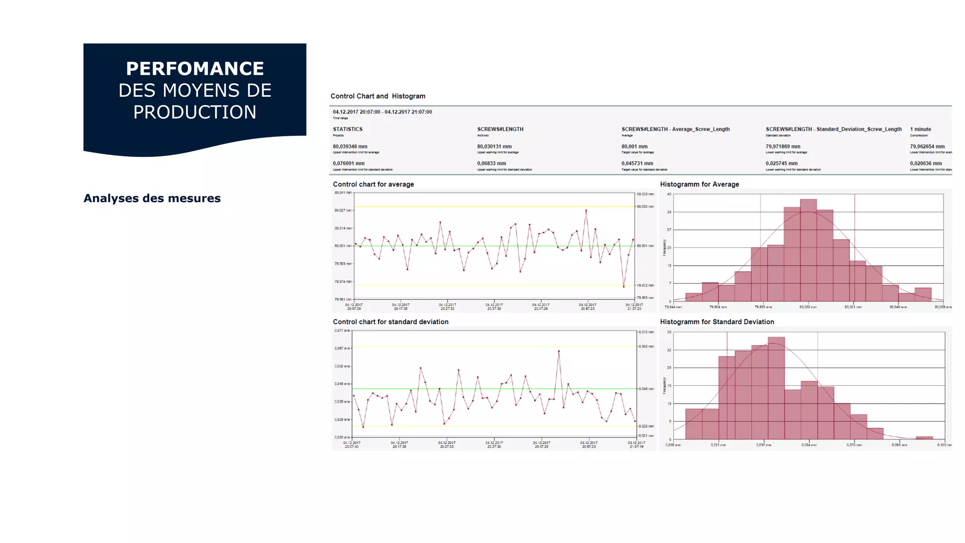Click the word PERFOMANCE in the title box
(x=195, y=69)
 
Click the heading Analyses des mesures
(x=152, y=198)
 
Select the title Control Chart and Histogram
(x=377, y=96)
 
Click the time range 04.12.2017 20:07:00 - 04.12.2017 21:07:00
(x=382, y=112)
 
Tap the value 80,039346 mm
(x=350, y=147)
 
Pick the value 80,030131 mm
(x=494, y=147)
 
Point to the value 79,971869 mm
(x=783, y=147)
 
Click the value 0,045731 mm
(x=637, y=164)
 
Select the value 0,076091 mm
(x=348, y=164)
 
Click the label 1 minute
(x=920, y=129)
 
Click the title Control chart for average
(x=373, y=184)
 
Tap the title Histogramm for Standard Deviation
(x=717, y=322)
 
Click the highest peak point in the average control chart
(x=586, y=210)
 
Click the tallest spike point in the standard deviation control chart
(x=559, y=351)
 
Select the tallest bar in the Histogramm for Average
(x=808, y=250)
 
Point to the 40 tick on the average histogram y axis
(x=669, y=194)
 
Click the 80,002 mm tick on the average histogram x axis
(x=808, y=307)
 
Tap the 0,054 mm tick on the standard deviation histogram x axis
(x=809, y=445)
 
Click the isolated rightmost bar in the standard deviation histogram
(x=924, y=437)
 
